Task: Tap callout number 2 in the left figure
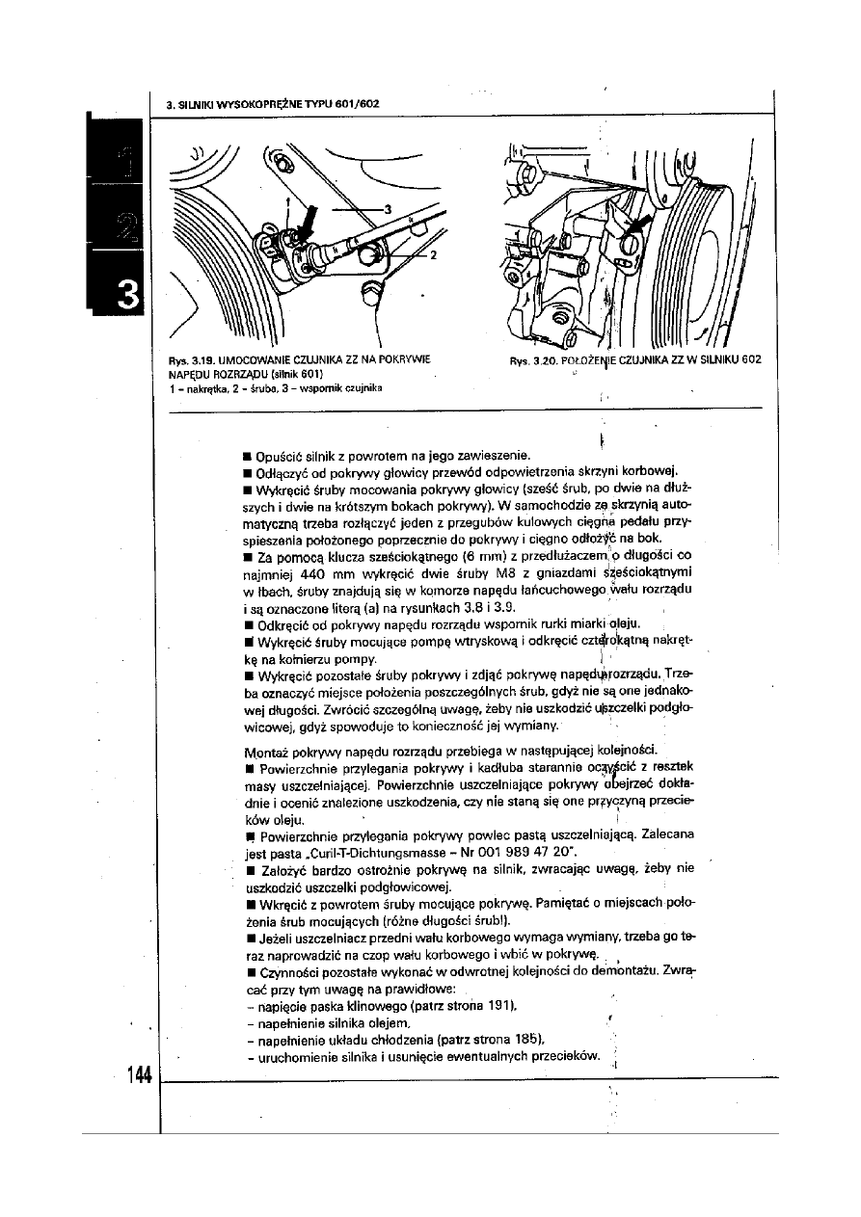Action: (x=434, y=254)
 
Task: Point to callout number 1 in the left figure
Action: (x=285, y=202)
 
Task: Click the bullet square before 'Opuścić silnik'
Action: (x=250, y=453)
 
